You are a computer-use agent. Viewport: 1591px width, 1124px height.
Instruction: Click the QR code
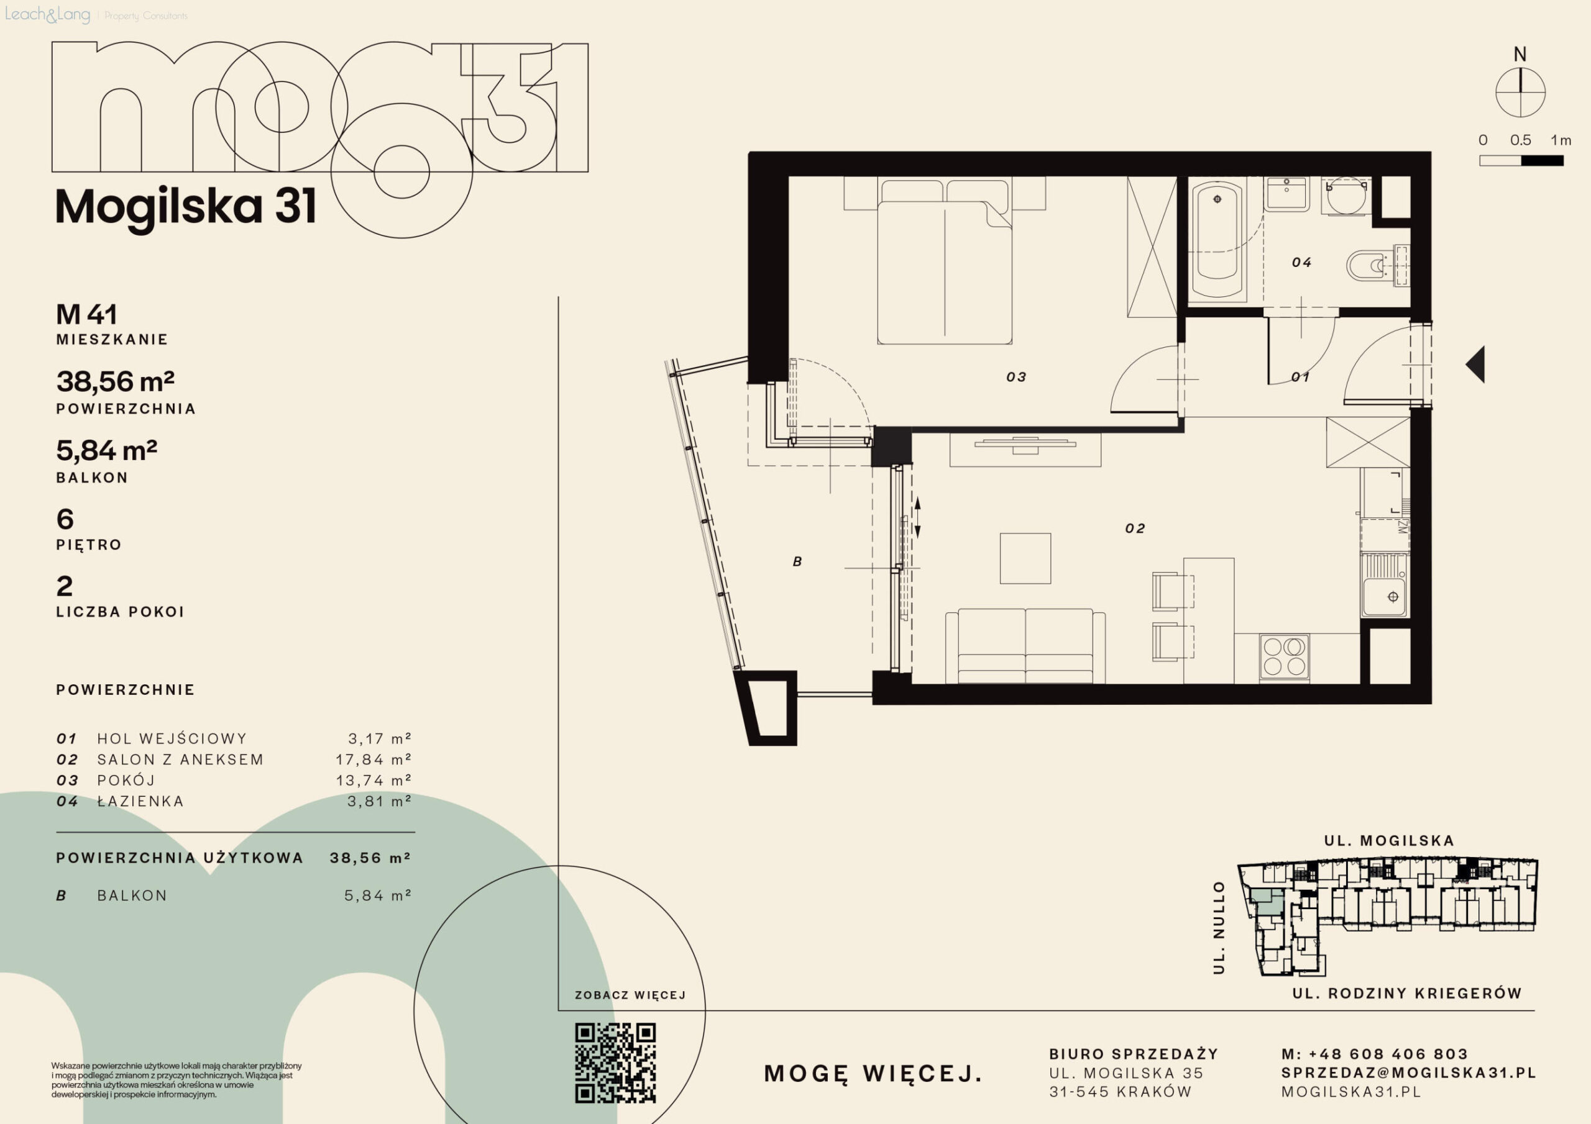pos(615,1063)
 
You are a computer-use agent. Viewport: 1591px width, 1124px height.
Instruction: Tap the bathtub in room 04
pos(1217,240)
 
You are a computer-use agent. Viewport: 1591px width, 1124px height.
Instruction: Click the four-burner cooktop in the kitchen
pos(1284,656)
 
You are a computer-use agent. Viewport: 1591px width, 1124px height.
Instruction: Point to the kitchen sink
pos(1385,585)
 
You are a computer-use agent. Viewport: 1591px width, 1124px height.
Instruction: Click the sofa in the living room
pos(1025,646)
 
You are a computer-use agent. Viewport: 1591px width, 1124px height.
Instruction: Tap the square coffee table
pos(1025,558)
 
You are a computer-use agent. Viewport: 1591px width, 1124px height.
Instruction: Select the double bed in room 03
pos(945,262)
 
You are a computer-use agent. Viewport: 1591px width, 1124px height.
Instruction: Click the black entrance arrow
pos(1475,365)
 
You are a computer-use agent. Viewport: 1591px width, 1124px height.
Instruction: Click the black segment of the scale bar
pos(1543,161)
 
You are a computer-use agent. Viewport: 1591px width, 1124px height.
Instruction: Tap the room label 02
pos(1135,528)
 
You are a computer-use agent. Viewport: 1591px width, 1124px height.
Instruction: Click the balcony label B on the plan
pos(797,561)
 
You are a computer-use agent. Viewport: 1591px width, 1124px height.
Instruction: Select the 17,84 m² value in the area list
pos(374,759)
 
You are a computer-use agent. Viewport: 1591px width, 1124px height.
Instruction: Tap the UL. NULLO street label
pos(1219,928)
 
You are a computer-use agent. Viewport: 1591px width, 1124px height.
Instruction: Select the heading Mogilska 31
pos(186,207)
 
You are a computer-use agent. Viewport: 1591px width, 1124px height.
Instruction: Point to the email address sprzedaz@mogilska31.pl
pos(1409,1072)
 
